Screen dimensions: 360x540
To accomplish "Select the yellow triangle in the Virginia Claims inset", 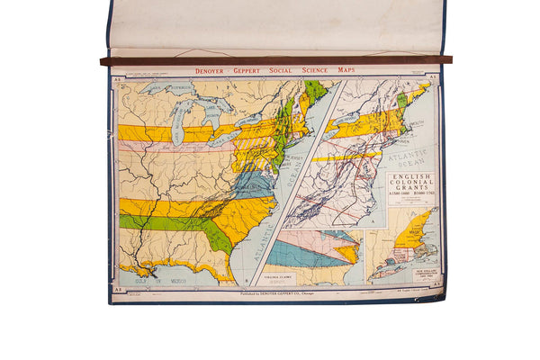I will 347,254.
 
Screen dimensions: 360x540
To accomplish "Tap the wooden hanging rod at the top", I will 270,60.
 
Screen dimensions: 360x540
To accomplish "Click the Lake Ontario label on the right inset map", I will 348,119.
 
